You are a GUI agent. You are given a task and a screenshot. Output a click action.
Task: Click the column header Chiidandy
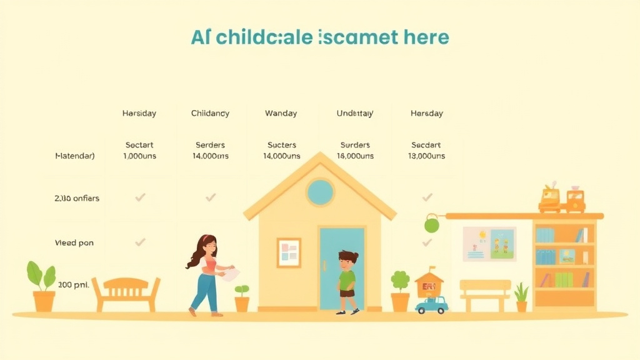click(210, 113)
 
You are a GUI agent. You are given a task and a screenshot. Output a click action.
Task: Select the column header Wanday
click(281, 113)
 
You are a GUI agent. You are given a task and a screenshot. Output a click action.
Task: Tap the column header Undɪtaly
click(355, 113)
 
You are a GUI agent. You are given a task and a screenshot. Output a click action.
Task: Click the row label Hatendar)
click(75, 156)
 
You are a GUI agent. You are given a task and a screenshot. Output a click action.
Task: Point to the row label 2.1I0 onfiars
click(77, 198)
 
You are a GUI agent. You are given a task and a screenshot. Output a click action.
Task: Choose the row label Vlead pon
click(74, 242)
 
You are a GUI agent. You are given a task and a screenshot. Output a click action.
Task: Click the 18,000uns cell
click(355, 156)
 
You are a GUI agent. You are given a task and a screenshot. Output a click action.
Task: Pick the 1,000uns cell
click(139, 156)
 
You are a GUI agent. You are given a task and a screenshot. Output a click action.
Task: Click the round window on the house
click(320, 192)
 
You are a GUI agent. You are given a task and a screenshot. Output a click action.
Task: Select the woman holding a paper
click(206, 275)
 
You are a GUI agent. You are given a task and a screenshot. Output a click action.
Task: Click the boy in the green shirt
click(347, 281)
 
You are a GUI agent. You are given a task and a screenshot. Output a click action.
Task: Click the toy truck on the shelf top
click(562, 199)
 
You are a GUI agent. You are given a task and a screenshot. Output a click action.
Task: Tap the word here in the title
click(426, 37)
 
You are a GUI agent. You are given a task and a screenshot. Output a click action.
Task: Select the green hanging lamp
click(431, 224)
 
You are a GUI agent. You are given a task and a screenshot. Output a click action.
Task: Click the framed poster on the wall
click(489, 244)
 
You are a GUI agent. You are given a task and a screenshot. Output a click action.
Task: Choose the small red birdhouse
click(429, 284)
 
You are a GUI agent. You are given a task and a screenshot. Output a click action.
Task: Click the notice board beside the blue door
click(289, 252)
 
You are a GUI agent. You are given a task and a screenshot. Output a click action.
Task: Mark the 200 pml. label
click(74, 284)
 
